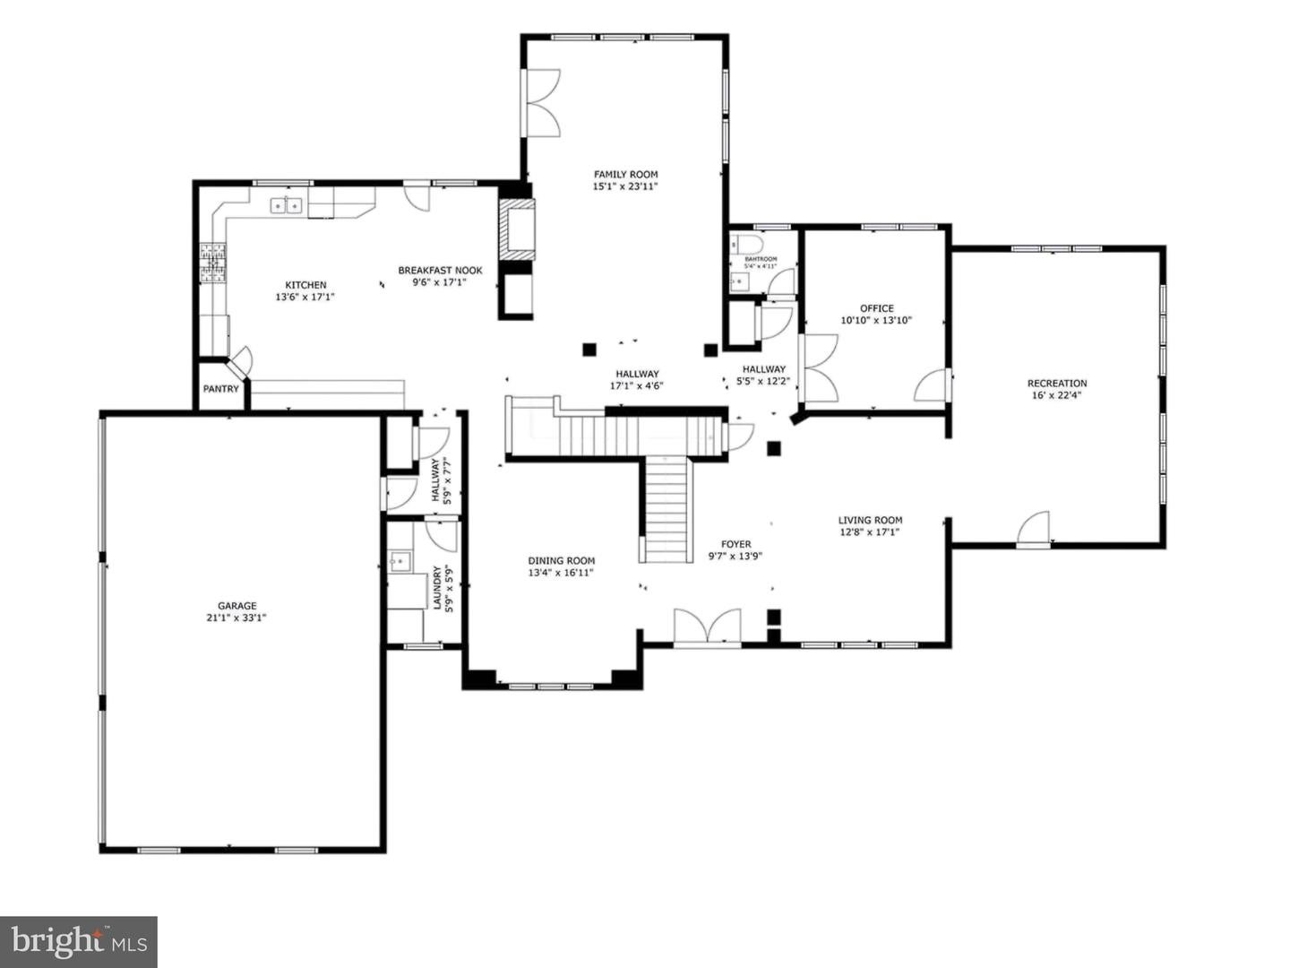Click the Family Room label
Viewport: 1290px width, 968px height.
[x=625, y=175]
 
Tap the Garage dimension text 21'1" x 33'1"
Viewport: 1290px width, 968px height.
[x=236, y=618]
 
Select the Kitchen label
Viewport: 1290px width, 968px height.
[x=305, y=285]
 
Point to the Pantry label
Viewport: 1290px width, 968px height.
[x=220, y=389]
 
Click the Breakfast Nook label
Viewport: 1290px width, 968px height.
[x=440, y=271]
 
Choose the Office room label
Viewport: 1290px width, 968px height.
[x=876, y=308]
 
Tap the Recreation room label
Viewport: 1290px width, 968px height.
[x=1057, y=384]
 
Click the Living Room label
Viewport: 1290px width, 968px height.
[x=870, y=520]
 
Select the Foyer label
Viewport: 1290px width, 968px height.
[x=735, y=544]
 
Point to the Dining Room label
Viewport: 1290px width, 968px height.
[x=561, y=561]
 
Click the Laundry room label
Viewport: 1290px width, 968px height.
[x=437, y=587]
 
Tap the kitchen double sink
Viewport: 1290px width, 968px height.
[x=287, y=206]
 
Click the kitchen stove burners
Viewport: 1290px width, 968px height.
[x=211, y=264]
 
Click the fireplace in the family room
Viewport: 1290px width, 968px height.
[x=518, y=230]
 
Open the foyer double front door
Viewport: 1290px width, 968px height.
[x=707, y=627]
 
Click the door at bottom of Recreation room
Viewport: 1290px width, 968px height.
[x=1034, y=531]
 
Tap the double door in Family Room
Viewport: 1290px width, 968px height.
[x=541, y=102]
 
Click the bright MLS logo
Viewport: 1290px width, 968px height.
[x=79, y=942]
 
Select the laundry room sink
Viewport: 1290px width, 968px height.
[x=399, y=563]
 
